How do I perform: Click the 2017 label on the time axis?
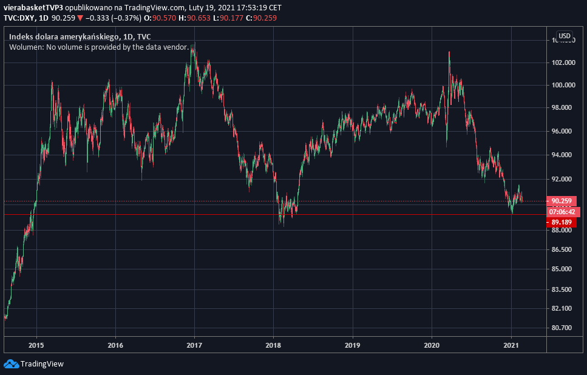(194, 345)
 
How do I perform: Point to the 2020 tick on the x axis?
(432, 345)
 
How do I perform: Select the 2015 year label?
(36, 345)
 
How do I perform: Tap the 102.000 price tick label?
(563, 62)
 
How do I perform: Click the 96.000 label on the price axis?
(562, 131)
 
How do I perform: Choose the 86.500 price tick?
(562, 249)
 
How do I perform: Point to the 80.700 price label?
(562, 328)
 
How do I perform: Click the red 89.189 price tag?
(562, 222)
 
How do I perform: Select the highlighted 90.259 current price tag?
(562, 201)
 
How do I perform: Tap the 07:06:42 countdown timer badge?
(562, 212)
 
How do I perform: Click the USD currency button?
(565, 36)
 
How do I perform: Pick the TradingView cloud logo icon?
(12, 363)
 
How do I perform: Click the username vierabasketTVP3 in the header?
(33, 7)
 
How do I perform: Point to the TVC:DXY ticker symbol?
(19, 18)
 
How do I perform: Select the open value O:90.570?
(160, 18)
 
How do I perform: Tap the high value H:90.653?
(195, 18)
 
